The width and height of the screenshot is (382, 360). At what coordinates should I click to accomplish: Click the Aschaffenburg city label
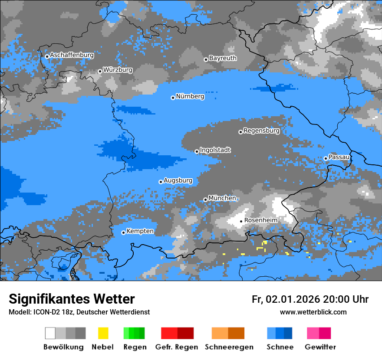72,56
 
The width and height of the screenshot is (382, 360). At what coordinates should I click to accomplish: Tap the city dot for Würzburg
100,71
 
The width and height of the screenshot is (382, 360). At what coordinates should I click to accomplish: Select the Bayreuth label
223,58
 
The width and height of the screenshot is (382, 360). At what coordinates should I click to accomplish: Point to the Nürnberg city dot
173,98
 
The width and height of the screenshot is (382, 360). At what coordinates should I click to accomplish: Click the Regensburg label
261,131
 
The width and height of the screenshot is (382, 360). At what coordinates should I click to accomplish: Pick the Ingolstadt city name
215,151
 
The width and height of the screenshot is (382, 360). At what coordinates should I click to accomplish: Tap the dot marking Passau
326,158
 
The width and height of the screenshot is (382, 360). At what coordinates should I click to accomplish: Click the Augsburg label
178,180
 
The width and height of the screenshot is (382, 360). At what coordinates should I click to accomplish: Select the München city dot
205,200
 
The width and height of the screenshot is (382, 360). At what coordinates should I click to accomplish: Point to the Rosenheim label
260,220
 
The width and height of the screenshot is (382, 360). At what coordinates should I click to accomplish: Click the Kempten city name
140,231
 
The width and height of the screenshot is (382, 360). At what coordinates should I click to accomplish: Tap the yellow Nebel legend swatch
103,333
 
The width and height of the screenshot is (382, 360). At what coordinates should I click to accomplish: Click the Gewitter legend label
320,347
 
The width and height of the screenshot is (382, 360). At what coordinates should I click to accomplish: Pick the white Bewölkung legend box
50,333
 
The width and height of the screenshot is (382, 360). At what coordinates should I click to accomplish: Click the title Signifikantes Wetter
72,299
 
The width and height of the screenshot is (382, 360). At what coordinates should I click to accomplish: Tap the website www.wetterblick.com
313,312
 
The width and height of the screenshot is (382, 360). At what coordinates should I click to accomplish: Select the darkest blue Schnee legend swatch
288,333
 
